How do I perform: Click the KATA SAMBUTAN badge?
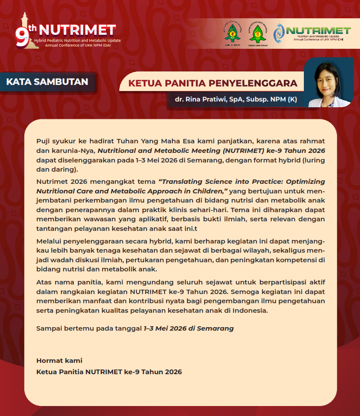point(47,81)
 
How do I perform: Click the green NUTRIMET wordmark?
point(318,30)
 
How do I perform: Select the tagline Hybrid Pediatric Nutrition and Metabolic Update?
point(80,41)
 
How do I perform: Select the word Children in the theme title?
point(210,190)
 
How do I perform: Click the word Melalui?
point(49,241)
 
